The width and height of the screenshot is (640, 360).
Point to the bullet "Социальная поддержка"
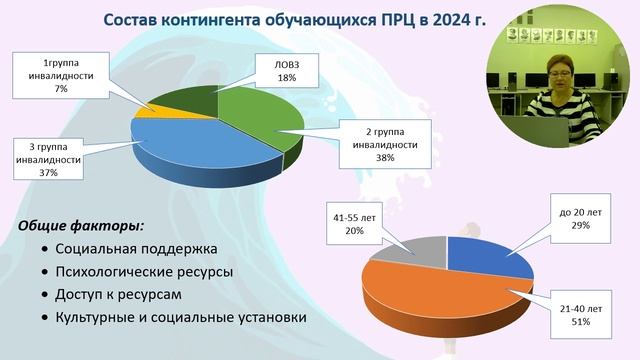[136, 248]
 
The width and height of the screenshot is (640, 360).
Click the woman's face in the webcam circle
[555, 76]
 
